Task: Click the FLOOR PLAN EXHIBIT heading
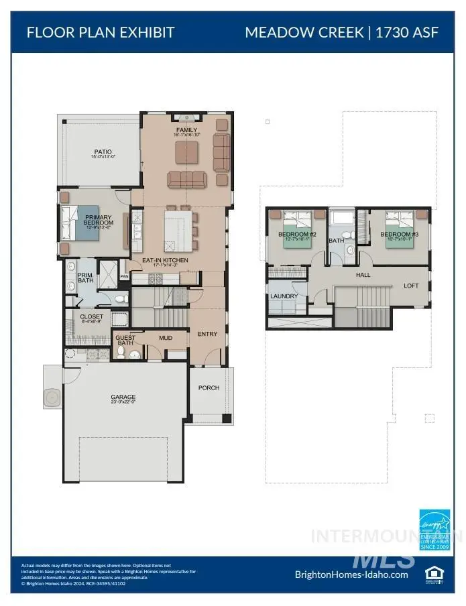[x=100, y=32]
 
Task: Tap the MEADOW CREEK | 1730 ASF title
[x=342, y=32]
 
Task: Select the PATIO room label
[x=103, y=154]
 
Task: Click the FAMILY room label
[x=186, y=130]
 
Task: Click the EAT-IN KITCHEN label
[x=164, y=261]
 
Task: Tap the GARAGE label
[x=123, y=398]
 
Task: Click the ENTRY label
[x=207, y=333]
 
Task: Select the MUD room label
[x=165, y=339]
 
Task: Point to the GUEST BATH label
[x=125, y=341]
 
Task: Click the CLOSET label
[x=91, y=317]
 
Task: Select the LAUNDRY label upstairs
[x=284, y=296]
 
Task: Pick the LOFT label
[x=412, y=286]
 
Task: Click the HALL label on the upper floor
[x=363, y=275]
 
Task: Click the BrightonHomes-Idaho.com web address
[x=351, y=574]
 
